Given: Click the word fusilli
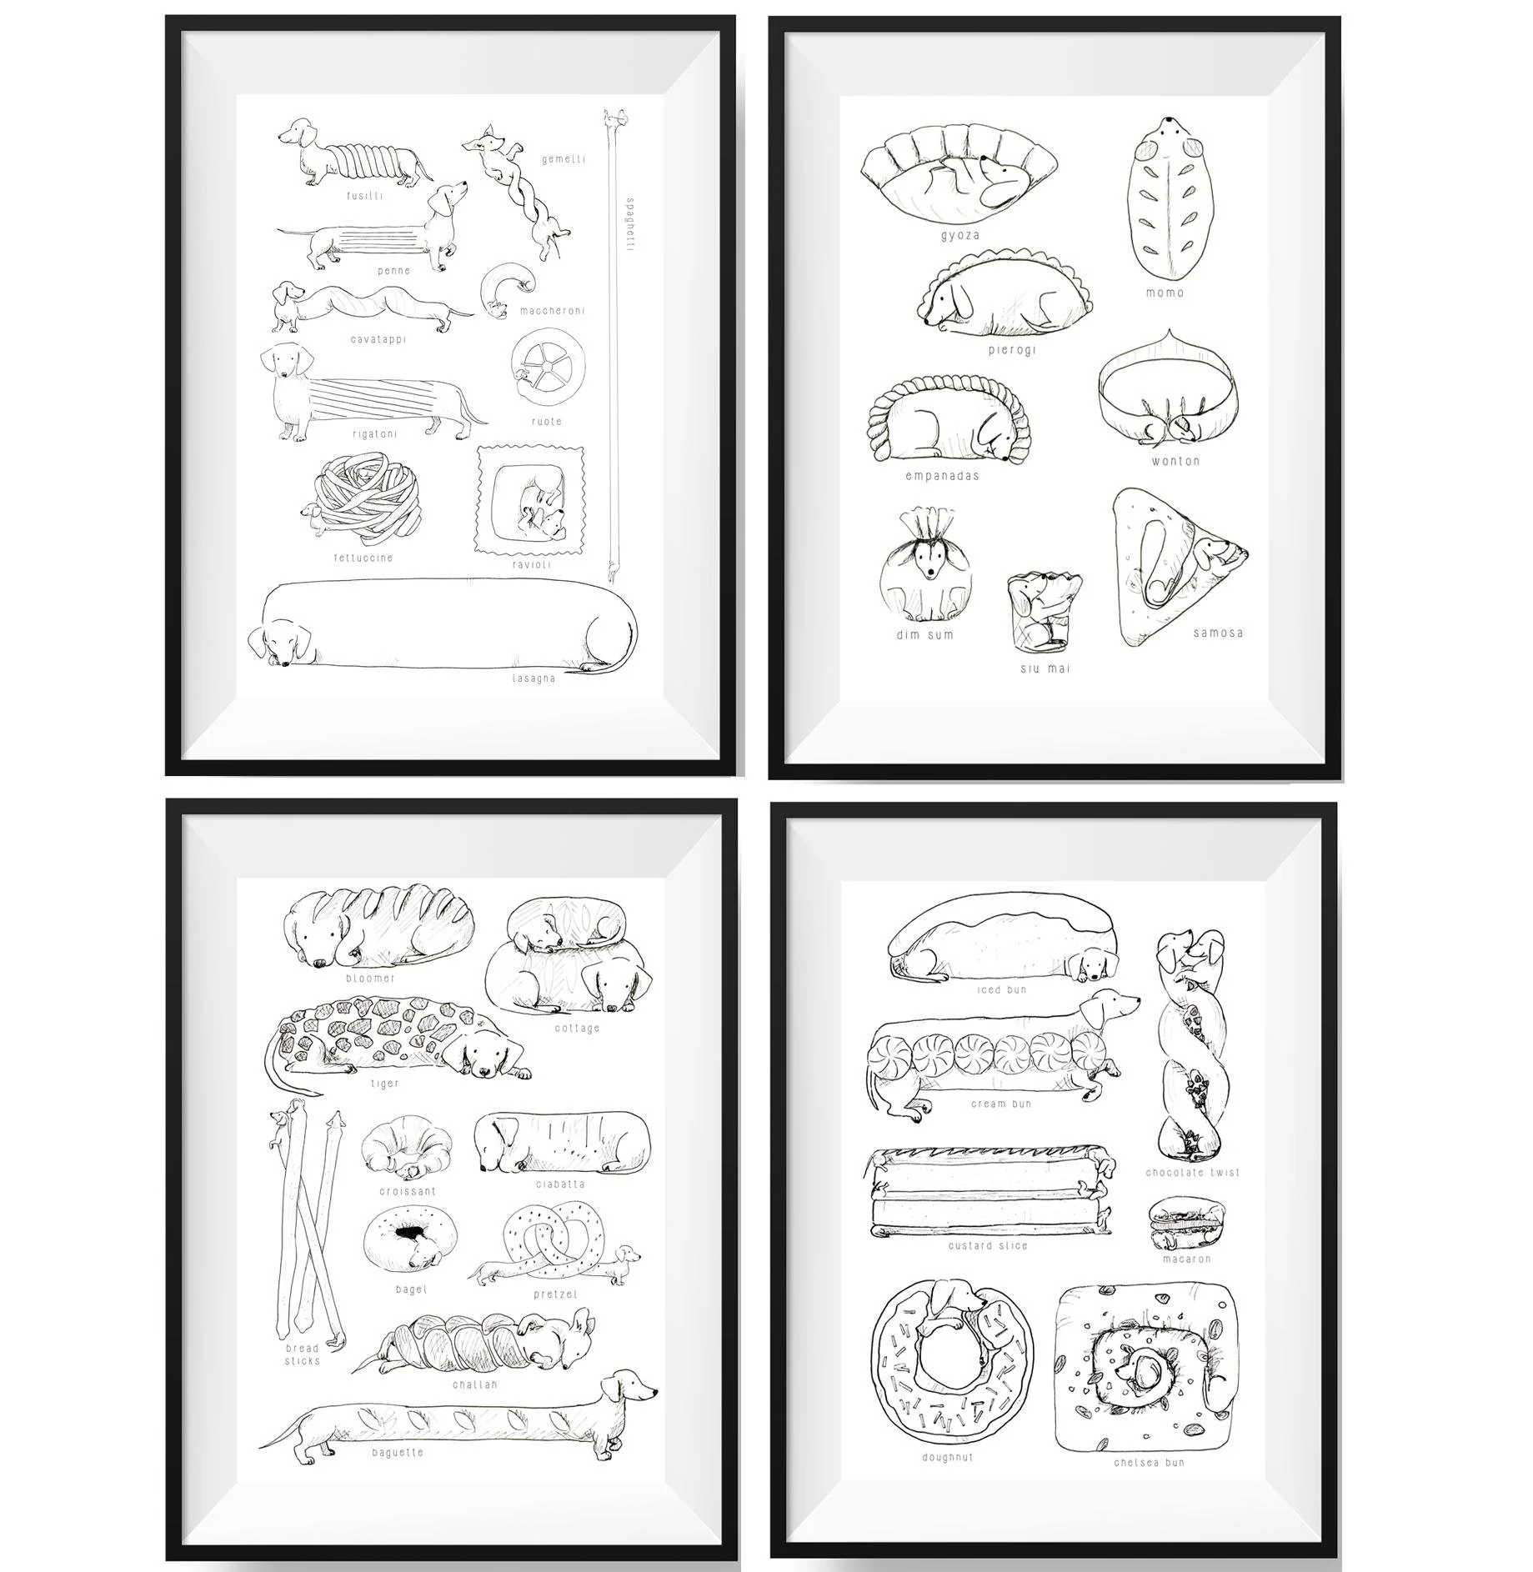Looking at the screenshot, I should (365, 196).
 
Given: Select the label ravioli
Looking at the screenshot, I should (531, 564).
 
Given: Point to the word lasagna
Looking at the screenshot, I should (534, 678).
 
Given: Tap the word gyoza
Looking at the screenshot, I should (959, 235).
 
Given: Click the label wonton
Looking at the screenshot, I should (1175, 460).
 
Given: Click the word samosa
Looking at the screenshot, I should (1218, 633).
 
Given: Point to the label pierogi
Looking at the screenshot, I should (1012, 349).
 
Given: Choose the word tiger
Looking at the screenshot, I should (384, 1084).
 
